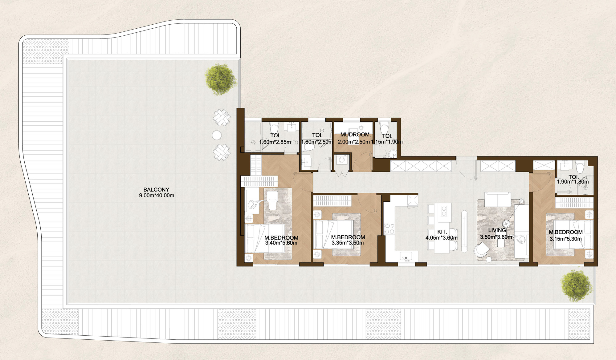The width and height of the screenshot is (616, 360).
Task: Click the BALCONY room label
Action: tap(156, 190)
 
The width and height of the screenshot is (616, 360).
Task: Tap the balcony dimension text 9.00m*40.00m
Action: tap(157, 196)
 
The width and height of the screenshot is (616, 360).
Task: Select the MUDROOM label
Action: tap(356, 135)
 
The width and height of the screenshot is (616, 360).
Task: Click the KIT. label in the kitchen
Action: tap(442, 232)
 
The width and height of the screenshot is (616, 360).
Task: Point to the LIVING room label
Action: tap(497, 230)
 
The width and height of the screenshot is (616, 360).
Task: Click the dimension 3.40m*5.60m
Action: tap(281, 243)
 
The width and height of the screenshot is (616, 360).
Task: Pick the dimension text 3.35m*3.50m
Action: tap(348, 243)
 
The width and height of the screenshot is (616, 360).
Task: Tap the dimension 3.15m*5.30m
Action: tap(566, 239)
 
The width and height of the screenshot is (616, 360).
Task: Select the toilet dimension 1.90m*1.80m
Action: tap(573, 182)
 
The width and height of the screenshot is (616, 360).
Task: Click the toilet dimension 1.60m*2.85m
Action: tap(275, 142)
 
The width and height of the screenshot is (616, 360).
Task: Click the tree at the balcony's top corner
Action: tap(221, 79)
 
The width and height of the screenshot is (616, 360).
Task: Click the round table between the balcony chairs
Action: tap(217, 135)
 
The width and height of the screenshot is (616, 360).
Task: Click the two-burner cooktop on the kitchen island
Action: tap(444, 211)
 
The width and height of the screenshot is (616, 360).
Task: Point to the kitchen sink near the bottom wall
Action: tap(406, 256)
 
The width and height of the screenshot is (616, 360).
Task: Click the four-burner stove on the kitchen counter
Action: tap(389, 229)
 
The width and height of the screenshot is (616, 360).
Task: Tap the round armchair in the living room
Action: tap(481, 250)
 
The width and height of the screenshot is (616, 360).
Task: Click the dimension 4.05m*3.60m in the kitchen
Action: tap(442, 238)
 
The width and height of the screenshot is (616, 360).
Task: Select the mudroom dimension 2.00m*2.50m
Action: tap(354, 142)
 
